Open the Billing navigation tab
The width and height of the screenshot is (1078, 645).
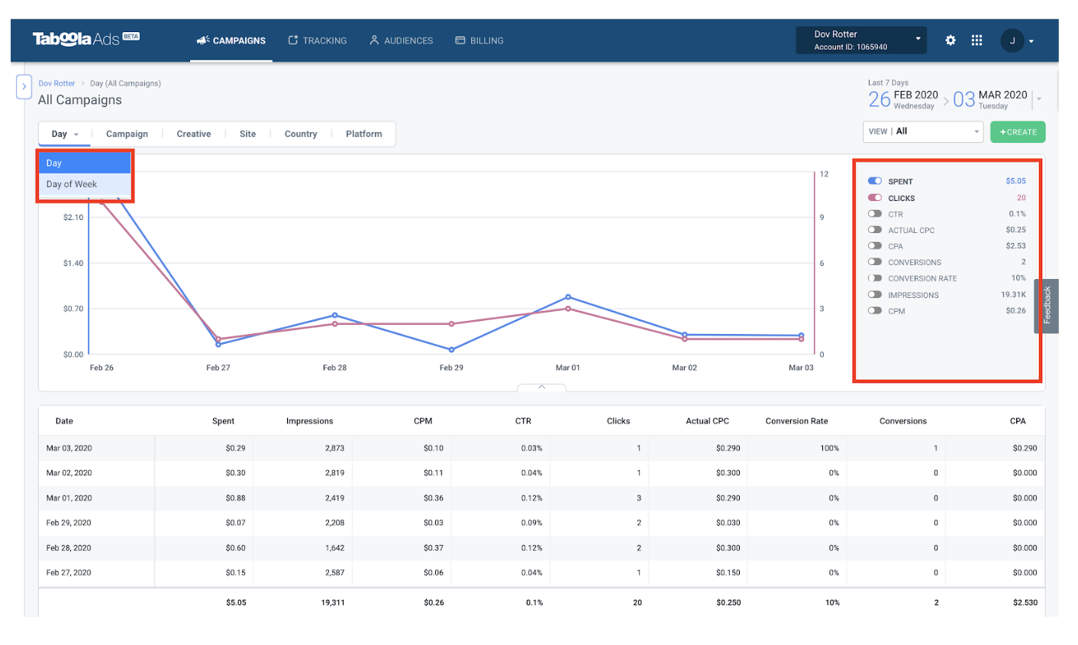(479, 41)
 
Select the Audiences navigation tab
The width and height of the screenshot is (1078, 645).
(401, 41)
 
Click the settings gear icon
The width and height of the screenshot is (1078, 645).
(951, 41)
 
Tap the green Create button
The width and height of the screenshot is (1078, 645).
(1018, 132)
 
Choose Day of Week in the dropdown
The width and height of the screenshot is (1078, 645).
(72, 184)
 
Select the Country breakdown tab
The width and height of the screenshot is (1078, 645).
(300, 134)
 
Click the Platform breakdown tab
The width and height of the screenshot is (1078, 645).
(363, 134)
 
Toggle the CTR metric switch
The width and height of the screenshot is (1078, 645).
(875, 214)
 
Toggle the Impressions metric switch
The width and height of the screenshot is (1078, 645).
(875, 294)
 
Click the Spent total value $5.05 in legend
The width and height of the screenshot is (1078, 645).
(1015, 181)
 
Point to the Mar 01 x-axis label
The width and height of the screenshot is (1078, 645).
(567, 368)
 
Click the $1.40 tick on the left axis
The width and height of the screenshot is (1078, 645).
(73, 263)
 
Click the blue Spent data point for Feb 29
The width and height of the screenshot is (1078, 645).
(451, 350)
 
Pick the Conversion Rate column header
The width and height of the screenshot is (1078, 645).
(796, 421)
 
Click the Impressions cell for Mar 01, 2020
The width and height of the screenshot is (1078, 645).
(334, 498)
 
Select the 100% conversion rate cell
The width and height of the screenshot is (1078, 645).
(829, 449)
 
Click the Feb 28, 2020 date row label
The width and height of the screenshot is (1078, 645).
(69, 548)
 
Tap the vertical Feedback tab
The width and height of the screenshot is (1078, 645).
(1047, 306)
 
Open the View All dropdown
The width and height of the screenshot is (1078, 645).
(922, 131)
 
